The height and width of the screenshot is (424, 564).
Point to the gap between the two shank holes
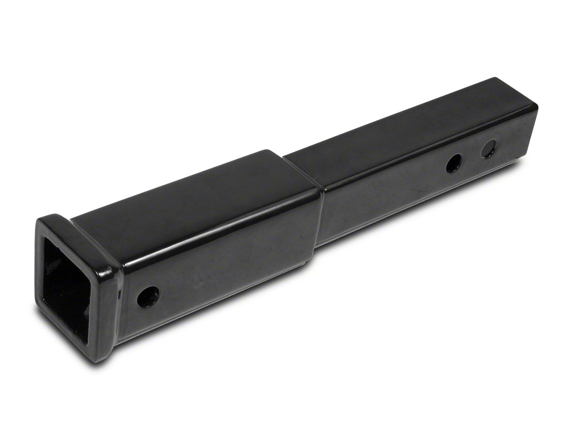point(470,157)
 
